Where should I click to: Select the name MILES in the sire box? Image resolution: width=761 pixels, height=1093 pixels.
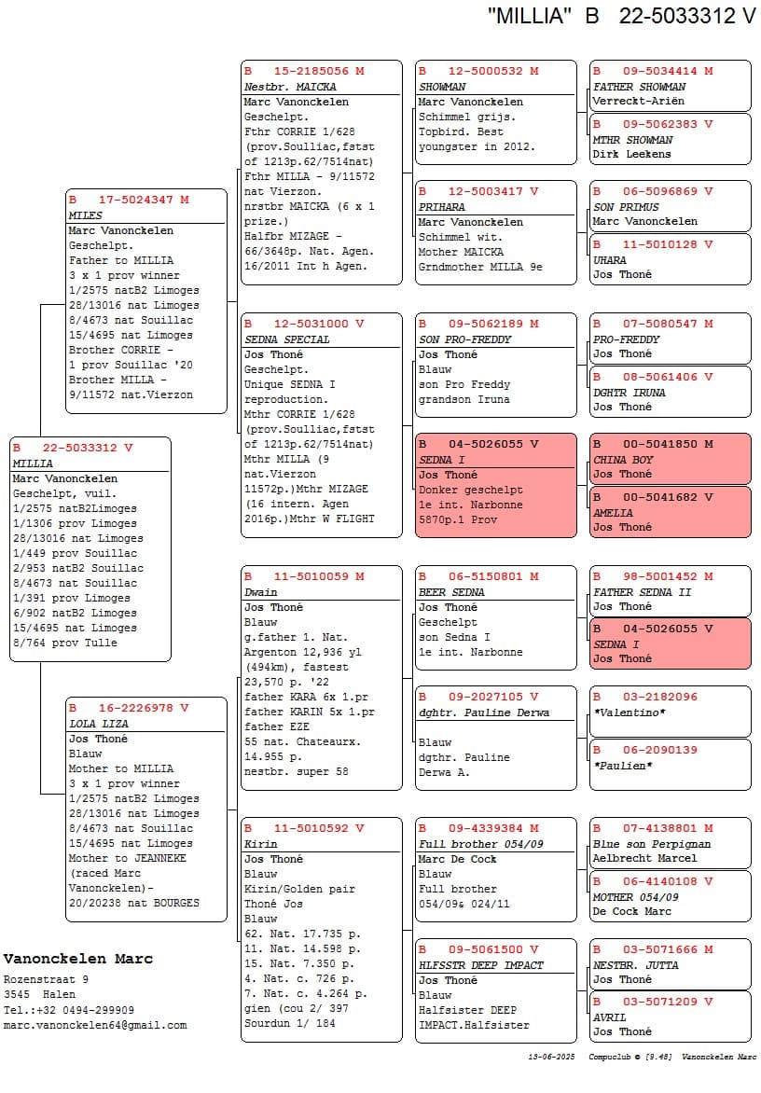(x=86, y=215)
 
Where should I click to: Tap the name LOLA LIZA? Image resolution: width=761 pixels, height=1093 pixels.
(x=98, y=724)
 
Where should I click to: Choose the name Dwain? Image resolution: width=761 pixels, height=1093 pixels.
(x=261, y=592)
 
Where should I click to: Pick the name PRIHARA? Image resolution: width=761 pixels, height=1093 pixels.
(x=441, y=207)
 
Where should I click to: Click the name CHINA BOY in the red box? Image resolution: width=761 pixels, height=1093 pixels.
(x=623, y=460)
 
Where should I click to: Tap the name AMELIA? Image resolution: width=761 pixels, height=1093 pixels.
(x=613, y=513)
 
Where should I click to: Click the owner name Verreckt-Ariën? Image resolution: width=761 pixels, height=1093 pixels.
(x=638, y=101)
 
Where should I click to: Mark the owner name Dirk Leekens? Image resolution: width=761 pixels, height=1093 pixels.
(x=631, y=154)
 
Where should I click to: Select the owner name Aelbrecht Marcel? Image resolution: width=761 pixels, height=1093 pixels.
(x=644, y=858)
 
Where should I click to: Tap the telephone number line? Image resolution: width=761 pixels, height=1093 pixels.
(x=69, y=1010)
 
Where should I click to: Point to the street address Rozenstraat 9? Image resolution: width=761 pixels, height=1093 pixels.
(x=46, y=980)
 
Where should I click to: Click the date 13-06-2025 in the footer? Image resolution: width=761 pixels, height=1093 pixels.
(x=550, y=1058)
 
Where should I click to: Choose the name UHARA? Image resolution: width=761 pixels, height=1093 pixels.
(x=610, y=260)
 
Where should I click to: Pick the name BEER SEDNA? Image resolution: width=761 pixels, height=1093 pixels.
(x=451, y=592)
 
